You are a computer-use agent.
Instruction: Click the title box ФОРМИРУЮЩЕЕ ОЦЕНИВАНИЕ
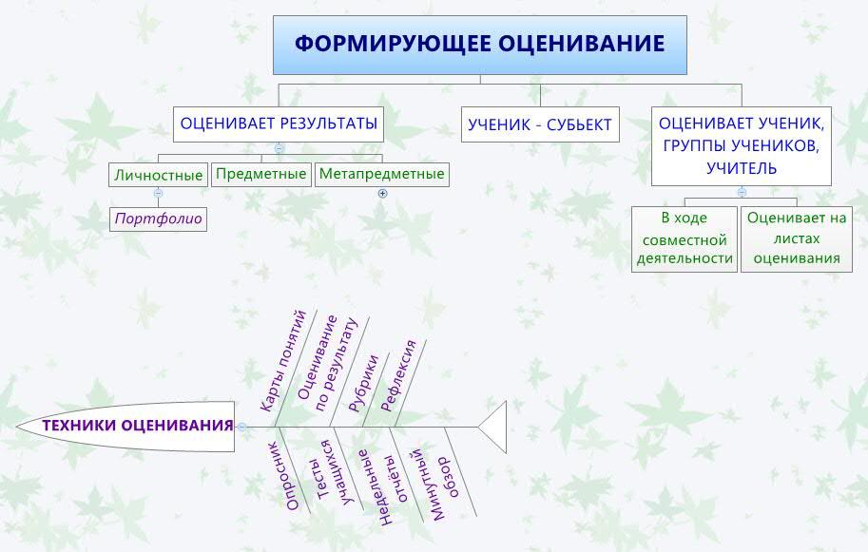point(480,45)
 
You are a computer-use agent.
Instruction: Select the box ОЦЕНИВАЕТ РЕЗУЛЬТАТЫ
point(279,124)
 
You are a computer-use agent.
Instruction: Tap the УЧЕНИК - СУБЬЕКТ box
point(540,124)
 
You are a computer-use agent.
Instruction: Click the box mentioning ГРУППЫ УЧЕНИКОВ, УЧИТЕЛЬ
point(742,146)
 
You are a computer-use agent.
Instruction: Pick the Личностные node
point(159,176)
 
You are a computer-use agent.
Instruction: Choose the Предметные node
point(260,174)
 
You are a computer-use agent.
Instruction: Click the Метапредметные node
point(382,174)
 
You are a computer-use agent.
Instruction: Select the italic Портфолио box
point(159,219)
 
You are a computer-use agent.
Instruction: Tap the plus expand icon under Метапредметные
point(382,194)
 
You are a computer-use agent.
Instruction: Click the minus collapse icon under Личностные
point(159,193)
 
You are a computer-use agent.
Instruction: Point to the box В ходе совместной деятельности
point(685,238)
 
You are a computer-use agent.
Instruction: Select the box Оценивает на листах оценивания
point(797,238)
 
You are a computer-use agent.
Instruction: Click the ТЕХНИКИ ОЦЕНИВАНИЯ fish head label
point(137,426)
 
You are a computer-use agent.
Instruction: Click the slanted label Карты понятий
point(283,361)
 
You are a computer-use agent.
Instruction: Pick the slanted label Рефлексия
point(398,375)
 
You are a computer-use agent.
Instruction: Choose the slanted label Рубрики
point(363,383)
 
